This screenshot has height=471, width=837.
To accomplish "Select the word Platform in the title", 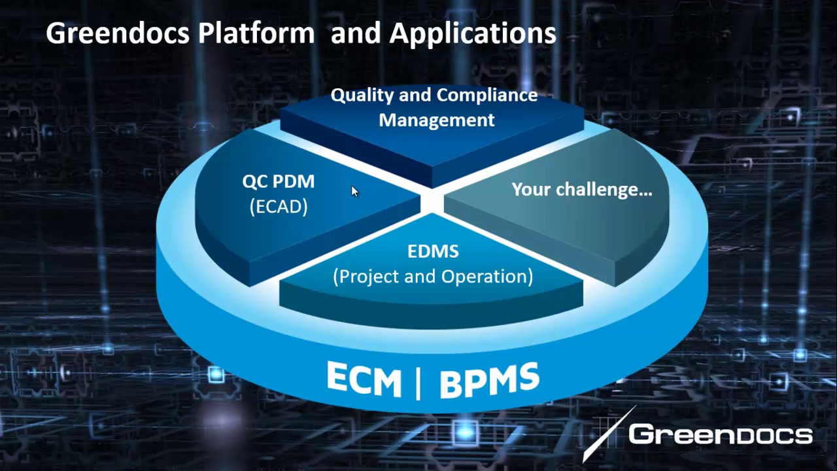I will coord(256,33).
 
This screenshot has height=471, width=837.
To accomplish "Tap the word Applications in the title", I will coord(473,33).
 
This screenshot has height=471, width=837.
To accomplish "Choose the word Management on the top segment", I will coord(436,120).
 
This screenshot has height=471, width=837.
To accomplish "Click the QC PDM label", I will coord(279,182).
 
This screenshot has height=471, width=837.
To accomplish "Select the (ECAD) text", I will coord(279,207).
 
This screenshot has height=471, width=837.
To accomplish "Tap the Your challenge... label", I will coord(581,190).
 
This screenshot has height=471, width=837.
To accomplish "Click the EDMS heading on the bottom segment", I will coord(433,251).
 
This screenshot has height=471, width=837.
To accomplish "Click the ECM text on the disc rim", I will coord(364,379).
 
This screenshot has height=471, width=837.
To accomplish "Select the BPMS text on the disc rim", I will coord(490,380).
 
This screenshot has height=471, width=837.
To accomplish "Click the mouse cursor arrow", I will coord(354,191).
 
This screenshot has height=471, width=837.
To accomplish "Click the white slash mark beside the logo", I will coord(609,433).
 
